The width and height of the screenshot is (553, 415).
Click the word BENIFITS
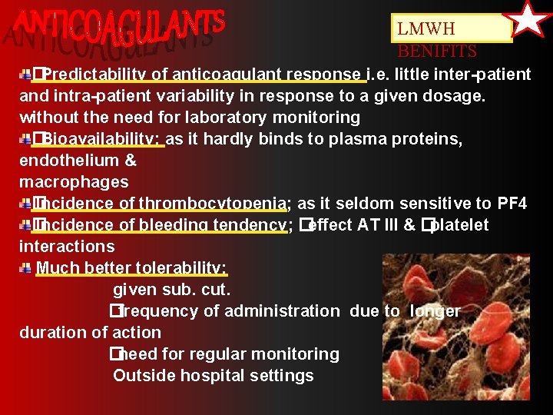tap(437, 51)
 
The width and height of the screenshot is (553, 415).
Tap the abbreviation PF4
tap(512, 204)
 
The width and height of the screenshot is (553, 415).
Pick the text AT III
tap(377, 225)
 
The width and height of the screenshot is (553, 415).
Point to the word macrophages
tap(74, 182)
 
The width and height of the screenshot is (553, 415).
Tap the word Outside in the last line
tap(140, 376)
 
